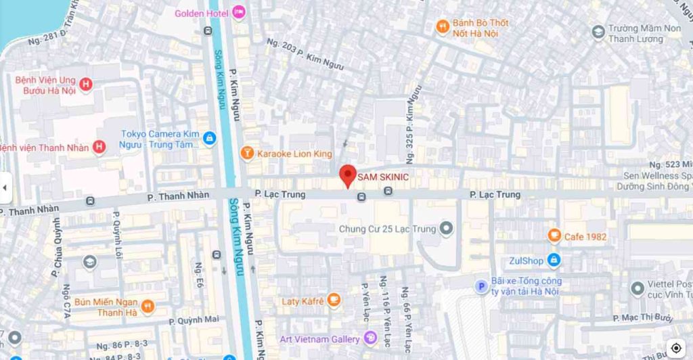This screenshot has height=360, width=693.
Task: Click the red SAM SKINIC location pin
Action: coord(347,175)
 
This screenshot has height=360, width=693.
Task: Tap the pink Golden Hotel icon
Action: coord(238,12)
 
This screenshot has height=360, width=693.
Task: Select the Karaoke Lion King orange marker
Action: coord(247,154)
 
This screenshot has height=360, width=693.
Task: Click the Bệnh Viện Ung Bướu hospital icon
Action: coord(86,85)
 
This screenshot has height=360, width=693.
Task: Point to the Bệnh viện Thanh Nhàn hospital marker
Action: coord(99,147)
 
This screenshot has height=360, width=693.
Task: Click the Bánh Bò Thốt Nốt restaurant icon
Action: coord(443,27)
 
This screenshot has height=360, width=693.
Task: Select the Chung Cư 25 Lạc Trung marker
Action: coord(446,229)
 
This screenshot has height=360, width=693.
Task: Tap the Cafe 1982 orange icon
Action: coord(554,236)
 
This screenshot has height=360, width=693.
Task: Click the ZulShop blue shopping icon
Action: coord(554,260)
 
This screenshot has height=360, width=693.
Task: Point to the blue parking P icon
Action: coord(481,286)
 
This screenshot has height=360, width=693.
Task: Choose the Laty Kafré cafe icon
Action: coord(334,300)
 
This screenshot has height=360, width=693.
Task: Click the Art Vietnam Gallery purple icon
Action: coord(370,338)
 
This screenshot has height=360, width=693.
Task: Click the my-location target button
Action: coord(676,347)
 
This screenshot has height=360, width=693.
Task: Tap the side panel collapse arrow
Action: coord(5,188)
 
